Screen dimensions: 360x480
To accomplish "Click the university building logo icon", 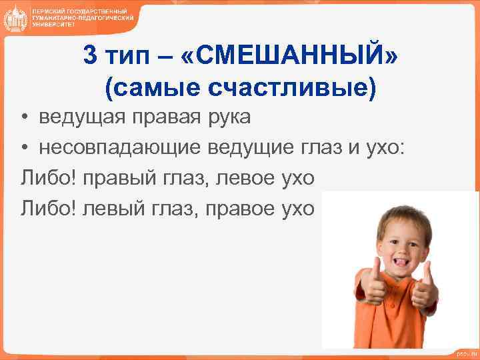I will point(15,18).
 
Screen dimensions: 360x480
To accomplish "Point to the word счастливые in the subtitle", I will point(304,87).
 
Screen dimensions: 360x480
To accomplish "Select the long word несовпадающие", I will point(114,148).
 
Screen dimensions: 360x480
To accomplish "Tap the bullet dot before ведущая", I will point(24,118).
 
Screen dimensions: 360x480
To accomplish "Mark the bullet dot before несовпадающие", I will point(24,149).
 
